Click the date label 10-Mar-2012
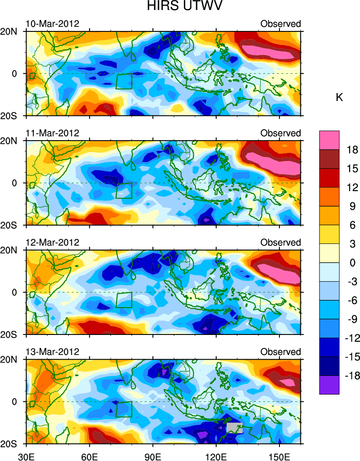[x=52, y=24]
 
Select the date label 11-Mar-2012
[x=52, y=133]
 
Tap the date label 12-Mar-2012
[x=52, y=243]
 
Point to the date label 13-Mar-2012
[x=52, y=352]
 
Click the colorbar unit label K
[x=339, y=97]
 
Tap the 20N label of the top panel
[x=13, y=31]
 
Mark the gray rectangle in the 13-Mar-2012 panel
[x=234, y=428]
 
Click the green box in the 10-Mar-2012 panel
[x=124, y=81]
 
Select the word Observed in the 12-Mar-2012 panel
[x=280, y=243]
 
